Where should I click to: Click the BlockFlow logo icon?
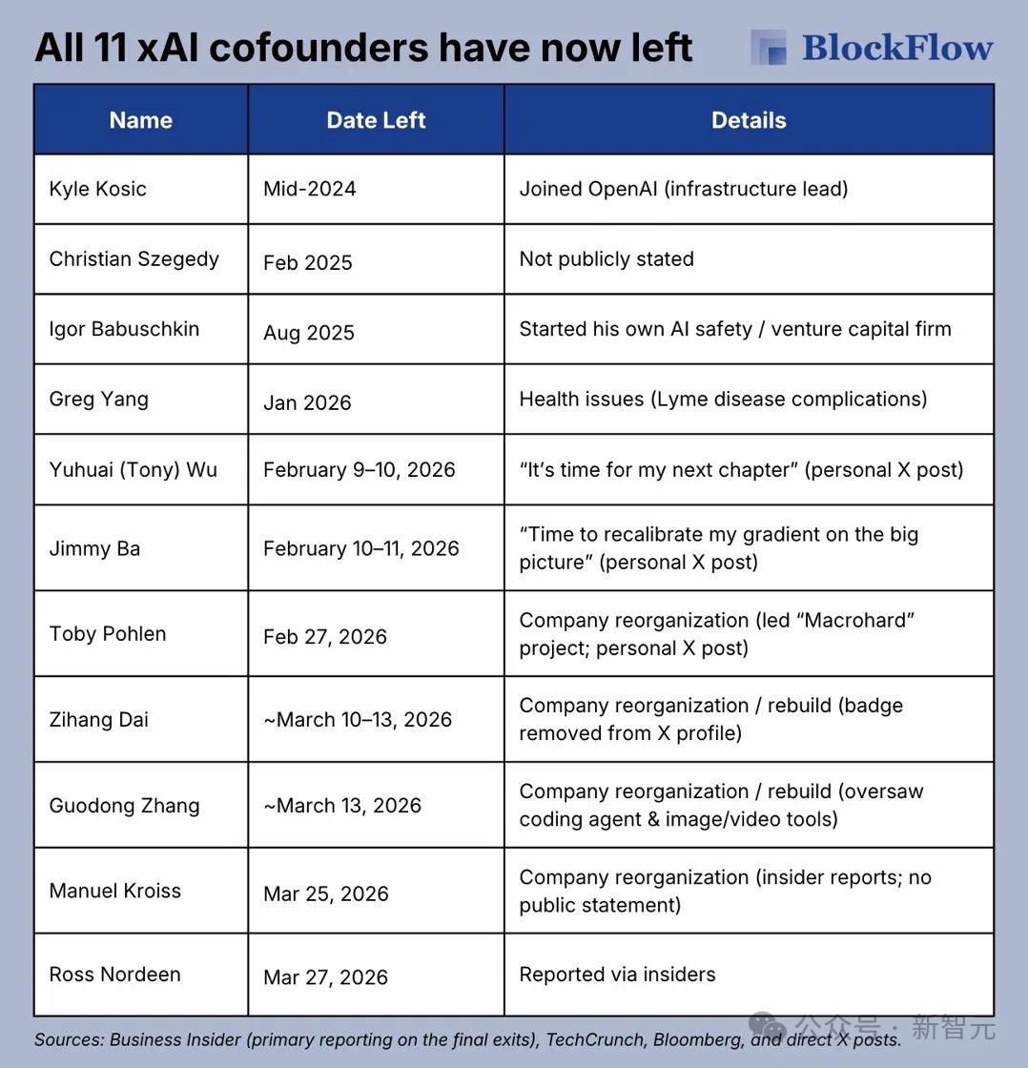769,48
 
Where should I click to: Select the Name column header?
140,120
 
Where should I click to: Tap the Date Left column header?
376,120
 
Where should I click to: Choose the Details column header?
749,120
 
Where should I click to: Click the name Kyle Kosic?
97,189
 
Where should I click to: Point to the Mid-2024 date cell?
309,189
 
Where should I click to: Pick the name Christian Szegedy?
134,259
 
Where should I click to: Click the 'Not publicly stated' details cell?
607,259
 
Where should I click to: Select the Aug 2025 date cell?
308,333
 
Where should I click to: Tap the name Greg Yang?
98,400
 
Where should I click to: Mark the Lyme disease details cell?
722,399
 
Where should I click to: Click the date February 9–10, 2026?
359,470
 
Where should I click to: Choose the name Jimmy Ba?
94,548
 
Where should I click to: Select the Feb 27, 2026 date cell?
324,637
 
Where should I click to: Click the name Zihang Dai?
98,720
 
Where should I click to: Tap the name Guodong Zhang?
124,806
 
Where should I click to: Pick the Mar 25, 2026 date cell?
325,894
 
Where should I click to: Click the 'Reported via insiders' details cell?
617,975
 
